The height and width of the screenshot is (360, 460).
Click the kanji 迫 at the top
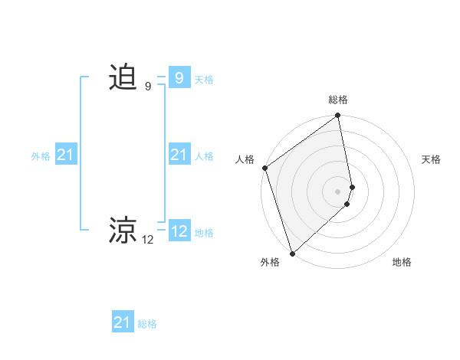tap(123, 77)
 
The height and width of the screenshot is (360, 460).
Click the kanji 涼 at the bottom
tap(123, 231)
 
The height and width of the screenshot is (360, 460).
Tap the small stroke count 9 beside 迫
tap(148, 87)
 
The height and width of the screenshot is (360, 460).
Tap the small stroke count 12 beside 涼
tap(148, 240)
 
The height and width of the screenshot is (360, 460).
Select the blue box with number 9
tap(179, 78)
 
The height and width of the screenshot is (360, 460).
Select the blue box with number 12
tap(179, 231)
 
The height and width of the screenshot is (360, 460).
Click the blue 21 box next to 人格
tap(179, 155)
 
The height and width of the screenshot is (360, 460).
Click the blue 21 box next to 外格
tap(66, 155)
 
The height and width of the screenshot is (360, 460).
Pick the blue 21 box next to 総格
tap(123, 322)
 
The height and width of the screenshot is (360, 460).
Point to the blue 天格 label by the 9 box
tap(204, 80)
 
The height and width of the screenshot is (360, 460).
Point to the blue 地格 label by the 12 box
tap(204, 233)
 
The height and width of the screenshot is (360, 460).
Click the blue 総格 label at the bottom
tap(147, 324)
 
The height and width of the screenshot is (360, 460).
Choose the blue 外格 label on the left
tap(41, 156)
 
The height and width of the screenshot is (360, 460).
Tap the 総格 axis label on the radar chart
tap(338, 100)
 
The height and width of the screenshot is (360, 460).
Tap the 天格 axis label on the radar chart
tap(432, 159)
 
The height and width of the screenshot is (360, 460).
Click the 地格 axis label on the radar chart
tap(402, 263)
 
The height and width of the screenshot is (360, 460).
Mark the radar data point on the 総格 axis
tap(338, 116)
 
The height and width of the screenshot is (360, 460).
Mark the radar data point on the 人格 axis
tap(264, 168)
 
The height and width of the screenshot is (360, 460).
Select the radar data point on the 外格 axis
tap(292, 253)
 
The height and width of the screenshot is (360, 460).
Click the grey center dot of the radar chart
tap(338, 191)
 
